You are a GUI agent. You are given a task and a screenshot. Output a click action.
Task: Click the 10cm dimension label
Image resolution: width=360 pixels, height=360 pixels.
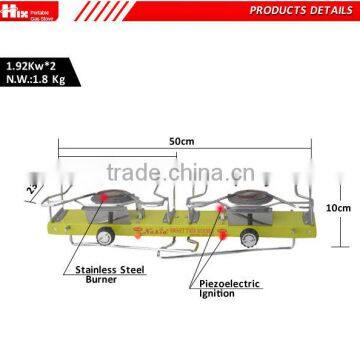[344, 208]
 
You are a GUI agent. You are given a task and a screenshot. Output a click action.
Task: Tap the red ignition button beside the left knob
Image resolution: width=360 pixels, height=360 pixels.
[118, 237]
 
